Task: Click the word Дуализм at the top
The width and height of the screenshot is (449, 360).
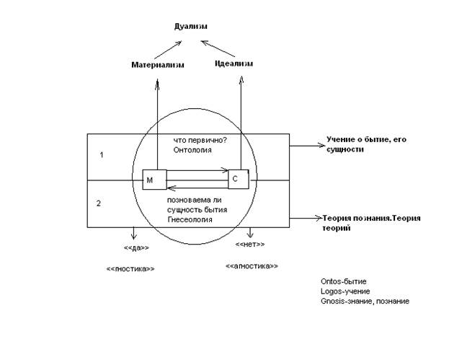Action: [x=190, y=27]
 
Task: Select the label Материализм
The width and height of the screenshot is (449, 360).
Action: [x=158, y=65]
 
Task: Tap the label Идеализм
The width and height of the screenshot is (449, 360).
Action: [x=234, y=64]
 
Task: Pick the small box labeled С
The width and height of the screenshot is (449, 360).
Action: [x=239, y=177]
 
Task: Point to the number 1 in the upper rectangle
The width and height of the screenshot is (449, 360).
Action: [x=102, y=155]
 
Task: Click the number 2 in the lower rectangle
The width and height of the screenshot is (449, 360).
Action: [x=99, y=203]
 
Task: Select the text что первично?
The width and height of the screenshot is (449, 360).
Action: [x=200, y=140]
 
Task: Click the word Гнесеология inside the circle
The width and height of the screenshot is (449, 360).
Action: [x=190, y=219]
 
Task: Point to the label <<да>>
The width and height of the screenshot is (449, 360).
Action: [x=136, y=248]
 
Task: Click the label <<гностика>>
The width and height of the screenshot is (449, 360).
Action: [x=130, y=268]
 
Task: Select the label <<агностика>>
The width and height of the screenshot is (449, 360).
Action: [x=252, y=265]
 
